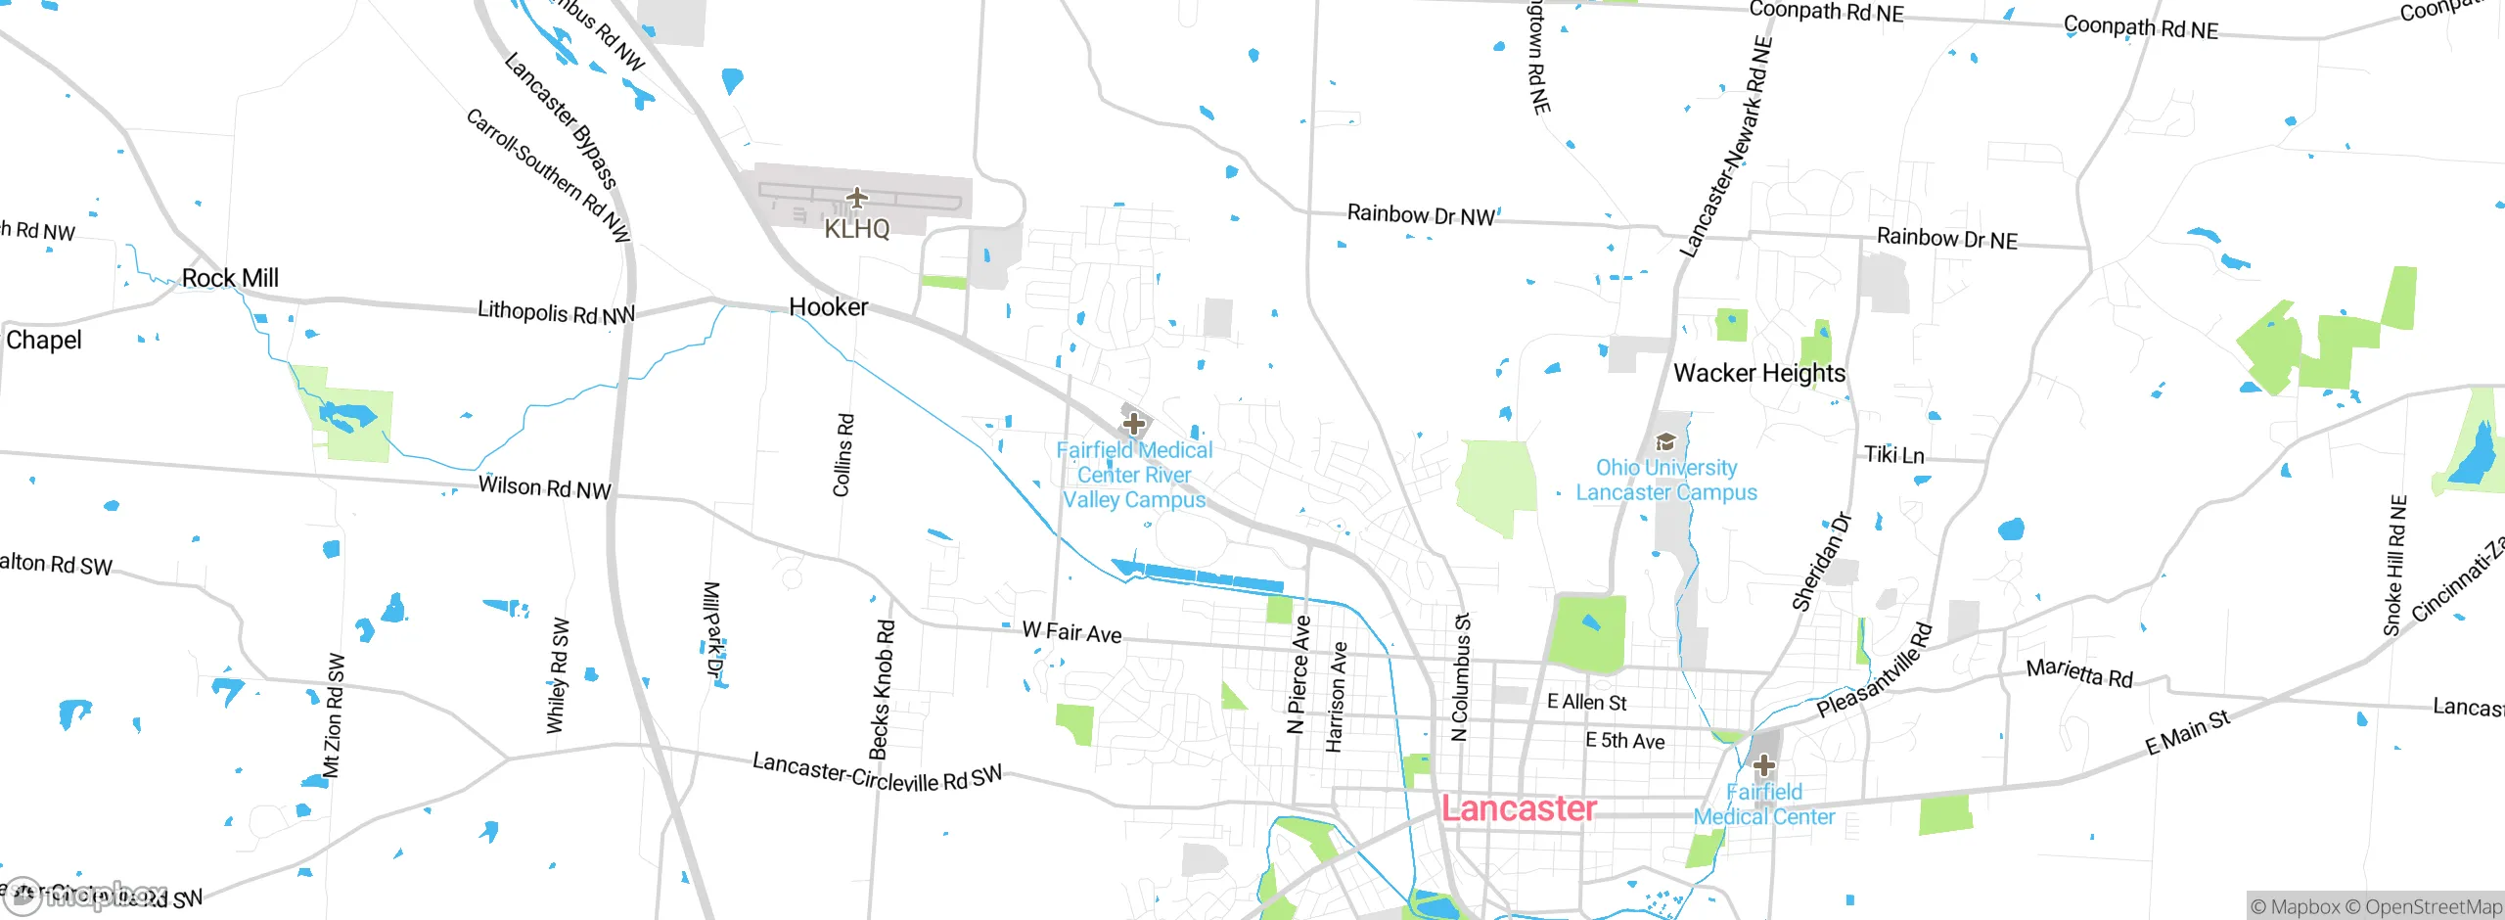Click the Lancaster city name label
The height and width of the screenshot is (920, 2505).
(1519, 808)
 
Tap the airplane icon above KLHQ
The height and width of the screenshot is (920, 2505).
(857, 199)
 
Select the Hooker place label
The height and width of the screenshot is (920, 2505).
(828, 307)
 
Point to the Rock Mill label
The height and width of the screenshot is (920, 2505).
(230, 278)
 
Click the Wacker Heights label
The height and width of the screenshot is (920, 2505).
(1758, 373)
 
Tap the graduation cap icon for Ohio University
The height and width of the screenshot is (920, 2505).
(1665, 442)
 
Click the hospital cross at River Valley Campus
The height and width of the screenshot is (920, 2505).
(1134, 424)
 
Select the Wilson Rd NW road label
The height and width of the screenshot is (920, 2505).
(544, 487)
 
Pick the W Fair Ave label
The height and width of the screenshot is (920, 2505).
(1071, 632)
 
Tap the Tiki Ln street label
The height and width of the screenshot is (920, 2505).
(1893, 455)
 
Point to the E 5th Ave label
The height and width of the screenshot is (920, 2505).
(1624, 741)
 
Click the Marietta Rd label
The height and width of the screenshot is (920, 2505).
(2079, 673)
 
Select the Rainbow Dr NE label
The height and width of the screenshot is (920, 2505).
(1946, 239)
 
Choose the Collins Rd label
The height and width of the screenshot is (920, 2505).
(843, 455)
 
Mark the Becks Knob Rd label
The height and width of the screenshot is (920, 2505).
(882, 689)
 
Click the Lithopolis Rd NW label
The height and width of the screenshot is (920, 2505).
(556, 313)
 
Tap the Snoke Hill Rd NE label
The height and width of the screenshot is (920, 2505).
(2394, 566)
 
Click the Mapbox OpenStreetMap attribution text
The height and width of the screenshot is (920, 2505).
(2375, 906)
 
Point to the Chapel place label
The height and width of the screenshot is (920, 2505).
(43, 341)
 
